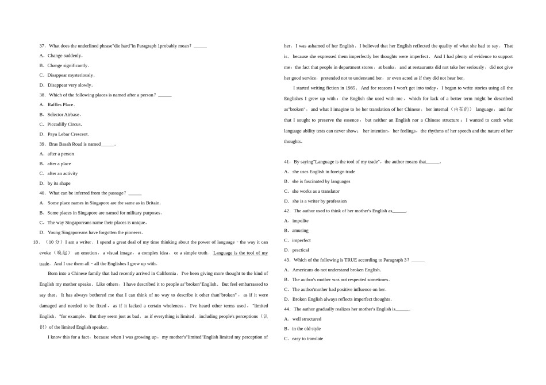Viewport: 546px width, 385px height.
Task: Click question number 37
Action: [43, 46]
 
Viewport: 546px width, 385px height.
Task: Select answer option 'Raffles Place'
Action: [60, 104]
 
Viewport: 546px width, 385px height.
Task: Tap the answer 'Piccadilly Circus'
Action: [64, 124]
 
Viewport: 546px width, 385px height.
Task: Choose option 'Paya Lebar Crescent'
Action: [68, 134]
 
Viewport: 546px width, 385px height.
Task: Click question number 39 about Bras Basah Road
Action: [43, 144]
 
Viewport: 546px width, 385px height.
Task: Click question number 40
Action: [43, 193]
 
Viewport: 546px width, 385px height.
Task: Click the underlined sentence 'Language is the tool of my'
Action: [240, 253]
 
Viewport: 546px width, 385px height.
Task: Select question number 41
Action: [287, 162]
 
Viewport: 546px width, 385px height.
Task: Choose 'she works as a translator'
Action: [316, 191]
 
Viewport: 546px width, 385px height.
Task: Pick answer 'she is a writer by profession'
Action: [319, 201]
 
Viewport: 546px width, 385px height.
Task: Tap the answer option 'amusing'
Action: [300, 231]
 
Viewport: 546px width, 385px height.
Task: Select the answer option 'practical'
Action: [301, 250]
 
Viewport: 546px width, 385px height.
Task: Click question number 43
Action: [287, 260]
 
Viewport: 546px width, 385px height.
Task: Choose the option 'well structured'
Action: [306, 319]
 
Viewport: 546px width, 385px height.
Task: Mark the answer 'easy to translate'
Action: [307, 339]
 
